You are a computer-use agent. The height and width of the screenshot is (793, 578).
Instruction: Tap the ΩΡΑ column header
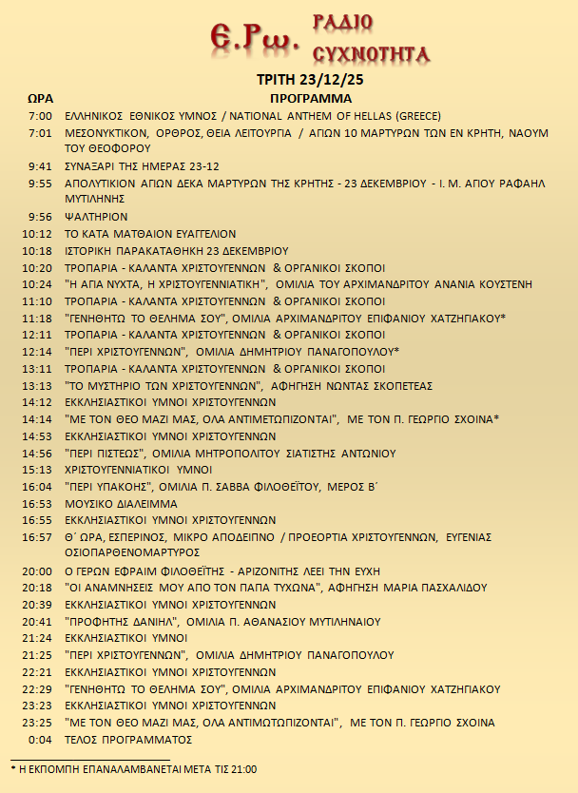click(40, 98)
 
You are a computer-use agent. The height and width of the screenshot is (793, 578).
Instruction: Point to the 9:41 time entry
click(40, 165)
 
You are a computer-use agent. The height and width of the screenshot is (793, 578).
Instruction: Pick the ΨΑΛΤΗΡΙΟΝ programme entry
click(95, 217)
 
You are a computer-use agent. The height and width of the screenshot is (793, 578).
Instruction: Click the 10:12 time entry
click(37, 234)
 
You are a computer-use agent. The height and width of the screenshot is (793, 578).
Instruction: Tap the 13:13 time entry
click(37, 385)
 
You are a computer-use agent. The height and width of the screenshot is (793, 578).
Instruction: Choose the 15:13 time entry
click(37, 470)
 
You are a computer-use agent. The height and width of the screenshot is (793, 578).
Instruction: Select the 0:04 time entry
click(40, 739)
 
